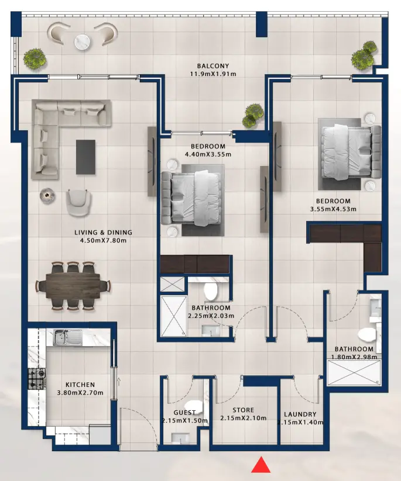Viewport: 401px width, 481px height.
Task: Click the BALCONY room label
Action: [x=213, y=66]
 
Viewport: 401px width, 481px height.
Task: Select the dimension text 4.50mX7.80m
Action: [x=103, y=240]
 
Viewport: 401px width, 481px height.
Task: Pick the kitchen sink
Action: [x=62, y=337]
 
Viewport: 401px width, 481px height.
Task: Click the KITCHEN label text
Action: [x=80, y=385]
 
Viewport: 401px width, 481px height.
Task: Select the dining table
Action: [x=73, y=286]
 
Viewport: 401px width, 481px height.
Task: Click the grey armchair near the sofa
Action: [x=78, y=200]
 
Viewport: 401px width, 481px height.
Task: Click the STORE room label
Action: [x=243, y=410]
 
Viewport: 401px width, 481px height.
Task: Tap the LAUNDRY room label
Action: [x=300, y=414]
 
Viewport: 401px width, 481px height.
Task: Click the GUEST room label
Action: [x=184, y=413]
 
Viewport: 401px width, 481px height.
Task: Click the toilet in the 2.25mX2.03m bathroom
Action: [x=210, y=292]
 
